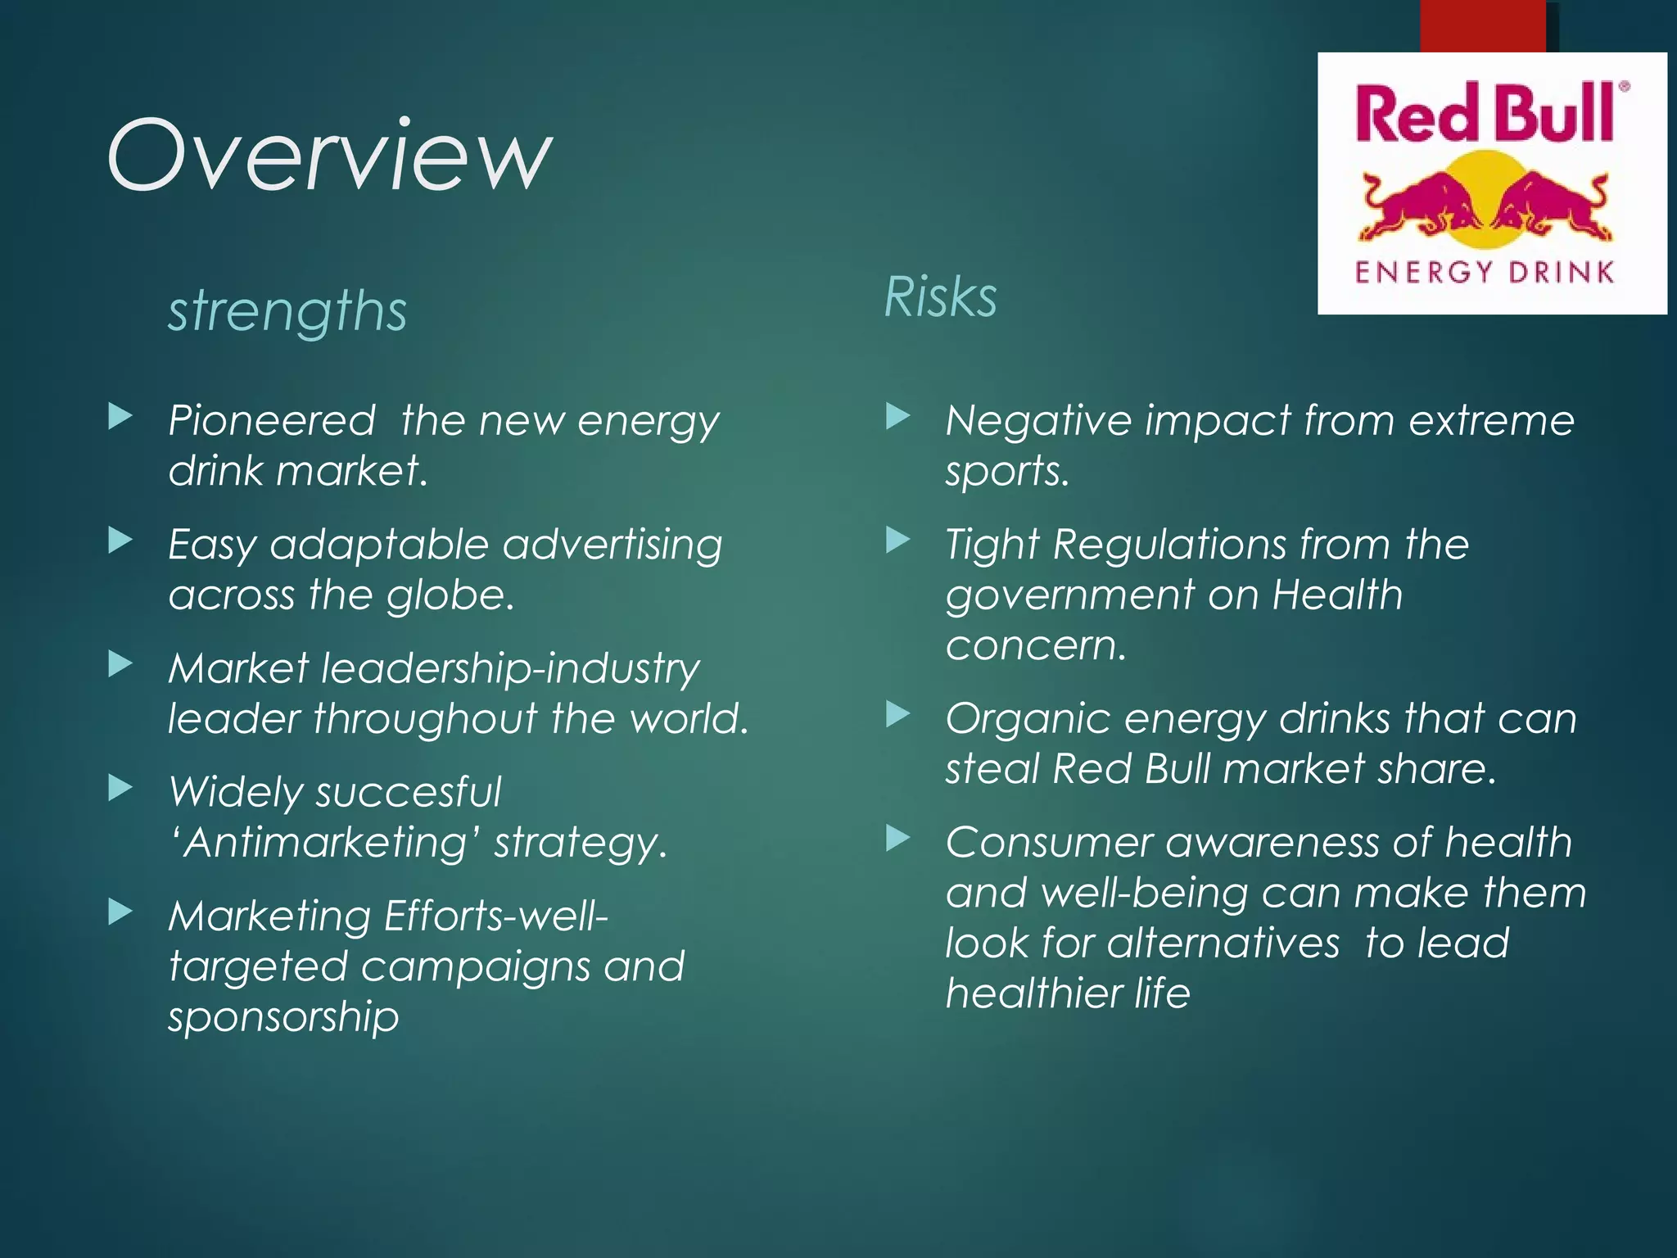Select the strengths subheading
click(287, 311)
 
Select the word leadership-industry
click(510, 668)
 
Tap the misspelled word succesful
click(408, 792)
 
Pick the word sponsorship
click(283, 1017)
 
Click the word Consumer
click(1049, 843)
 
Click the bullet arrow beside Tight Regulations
click(898, 540)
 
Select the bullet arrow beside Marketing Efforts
click(120, 912)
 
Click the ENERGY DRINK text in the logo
click(1484, 272)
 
